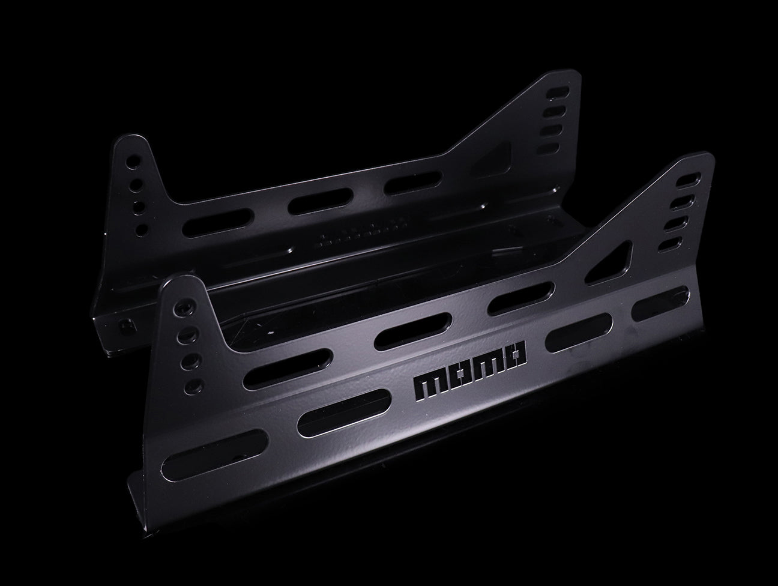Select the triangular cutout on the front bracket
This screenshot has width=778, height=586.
point(609,261)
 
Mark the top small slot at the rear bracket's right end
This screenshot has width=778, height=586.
point(558,92)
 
